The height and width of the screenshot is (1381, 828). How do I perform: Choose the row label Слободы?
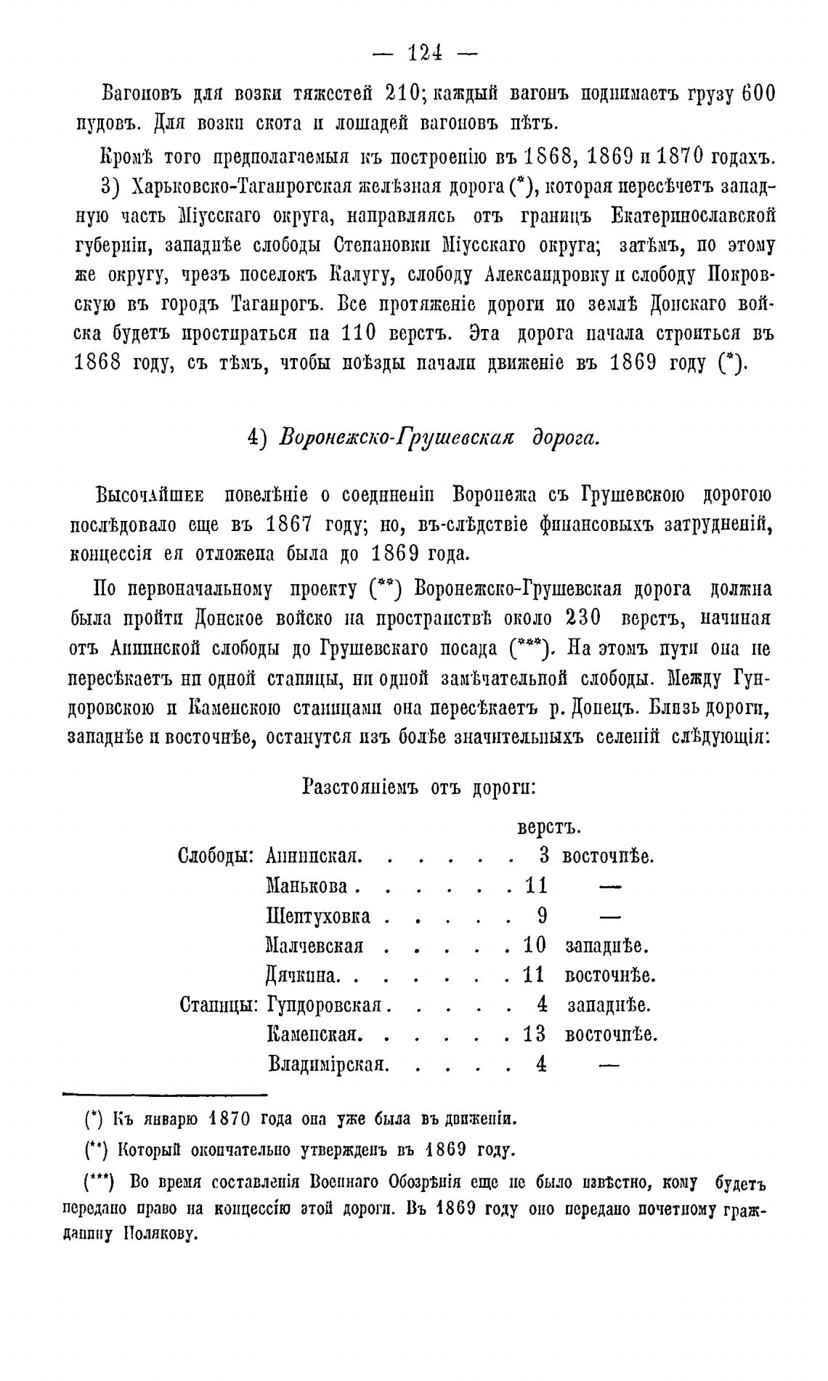[x=216, y=856]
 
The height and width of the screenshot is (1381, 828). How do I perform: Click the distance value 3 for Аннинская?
[x=545, y=856]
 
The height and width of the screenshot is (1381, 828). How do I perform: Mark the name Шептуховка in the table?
[x=319, y=916]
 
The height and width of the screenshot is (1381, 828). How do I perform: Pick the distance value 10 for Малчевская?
[x=535, y=946]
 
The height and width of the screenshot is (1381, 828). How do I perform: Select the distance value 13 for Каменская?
[x=535, y=1034]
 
